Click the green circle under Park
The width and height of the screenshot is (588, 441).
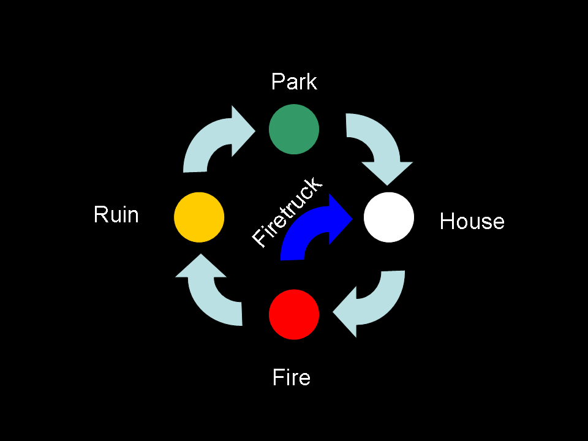(x=294, y=129)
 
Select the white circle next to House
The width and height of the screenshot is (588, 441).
(x=389, y=217)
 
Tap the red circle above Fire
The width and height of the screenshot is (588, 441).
(x=294, y=314)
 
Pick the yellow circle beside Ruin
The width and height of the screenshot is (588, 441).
(x=199, y=217)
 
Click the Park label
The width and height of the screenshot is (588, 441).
(x=294, y=81)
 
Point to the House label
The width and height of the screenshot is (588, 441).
(x=472, y=221)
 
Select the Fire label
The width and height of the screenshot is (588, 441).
(x=292, y=377)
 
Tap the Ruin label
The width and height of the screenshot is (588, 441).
(x=116, y=215)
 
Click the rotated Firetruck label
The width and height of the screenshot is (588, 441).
(x=287, y=213)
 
